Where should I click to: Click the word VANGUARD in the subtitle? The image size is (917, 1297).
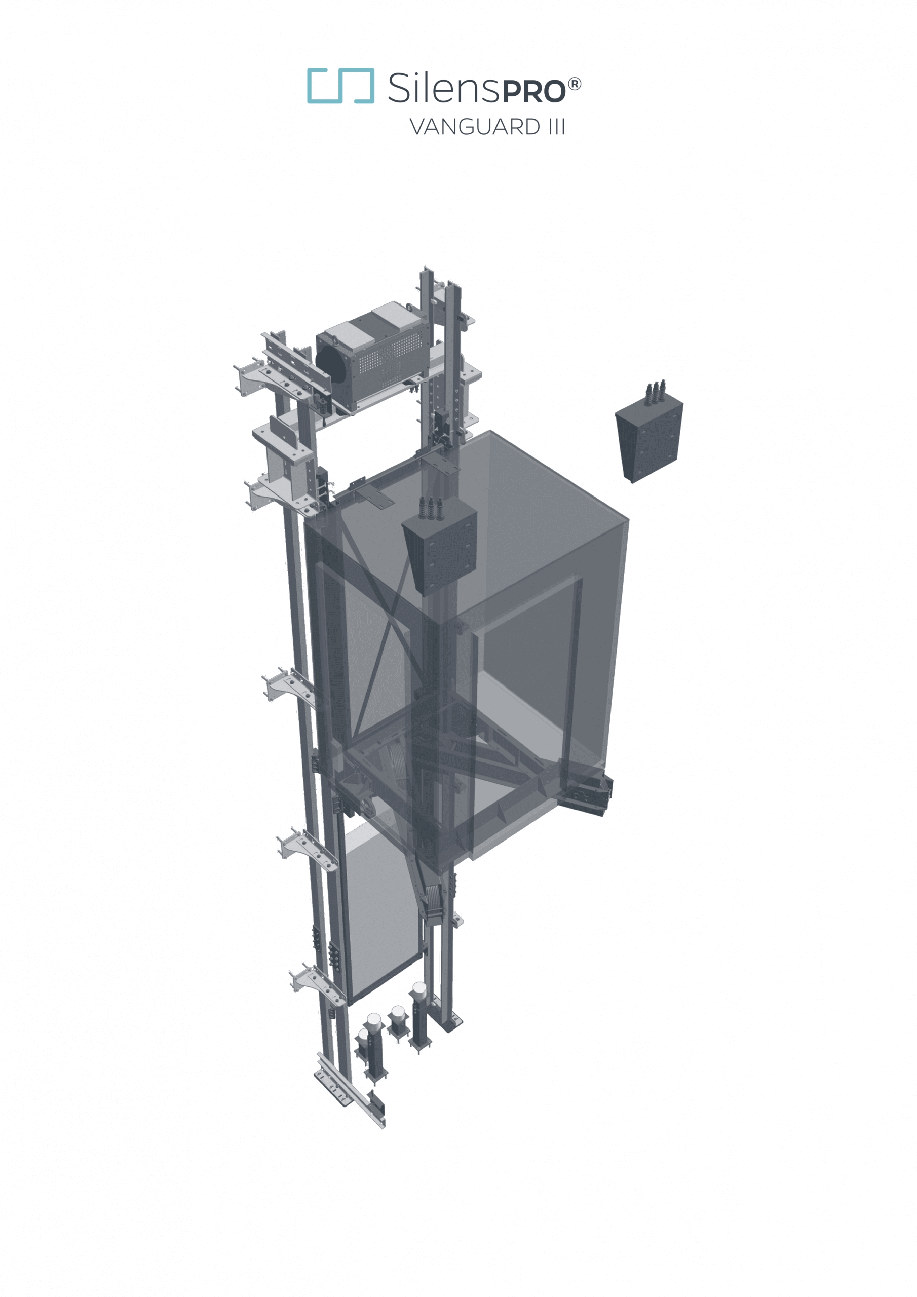click(475, 127)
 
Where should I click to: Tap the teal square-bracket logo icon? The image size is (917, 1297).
click(340, 86)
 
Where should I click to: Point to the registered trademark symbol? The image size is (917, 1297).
click(574, 85)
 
